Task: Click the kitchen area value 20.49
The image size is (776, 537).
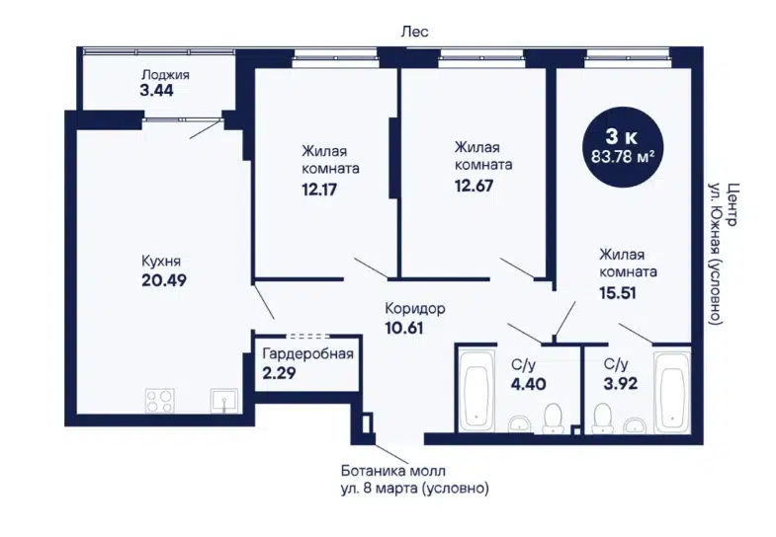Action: click(x=164, y=280)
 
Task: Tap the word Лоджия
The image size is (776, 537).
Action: click(x=165, y=75)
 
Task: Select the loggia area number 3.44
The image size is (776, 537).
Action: click(x=157, y=91)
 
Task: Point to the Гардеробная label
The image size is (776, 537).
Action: click(x=307, y=353)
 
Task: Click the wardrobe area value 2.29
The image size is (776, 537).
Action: click(x=279, y=373)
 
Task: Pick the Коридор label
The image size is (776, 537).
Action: click(x=415, y=309)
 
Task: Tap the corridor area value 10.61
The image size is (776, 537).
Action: click(x=404, y=328)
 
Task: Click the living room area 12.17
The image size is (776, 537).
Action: click(x=319, y=190)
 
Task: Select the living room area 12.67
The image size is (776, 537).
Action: click(x=474, y=186)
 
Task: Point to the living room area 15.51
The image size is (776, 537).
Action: click(x=618, y=293)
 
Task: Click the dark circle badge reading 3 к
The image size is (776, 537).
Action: click(x=622, y=147)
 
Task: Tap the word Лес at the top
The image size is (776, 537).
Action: click(x=415, y=32)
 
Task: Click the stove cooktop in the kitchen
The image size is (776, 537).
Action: click(x=160, y=401)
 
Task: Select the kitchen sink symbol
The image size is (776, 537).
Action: click(x=224, y=401)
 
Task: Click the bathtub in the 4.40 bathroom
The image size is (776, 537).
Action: click(x=476, y=390)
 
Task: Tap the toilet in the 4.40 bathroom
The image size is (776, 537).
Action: click(x=553, y=419)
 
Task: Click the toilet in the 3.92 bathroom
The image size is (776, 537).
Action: click(x=603, y=419)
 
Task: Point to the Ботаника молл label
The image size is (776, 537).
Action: click(x=393, y=471)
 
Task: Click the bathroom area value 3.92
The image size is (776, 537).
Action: click(x=621, y=383)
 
